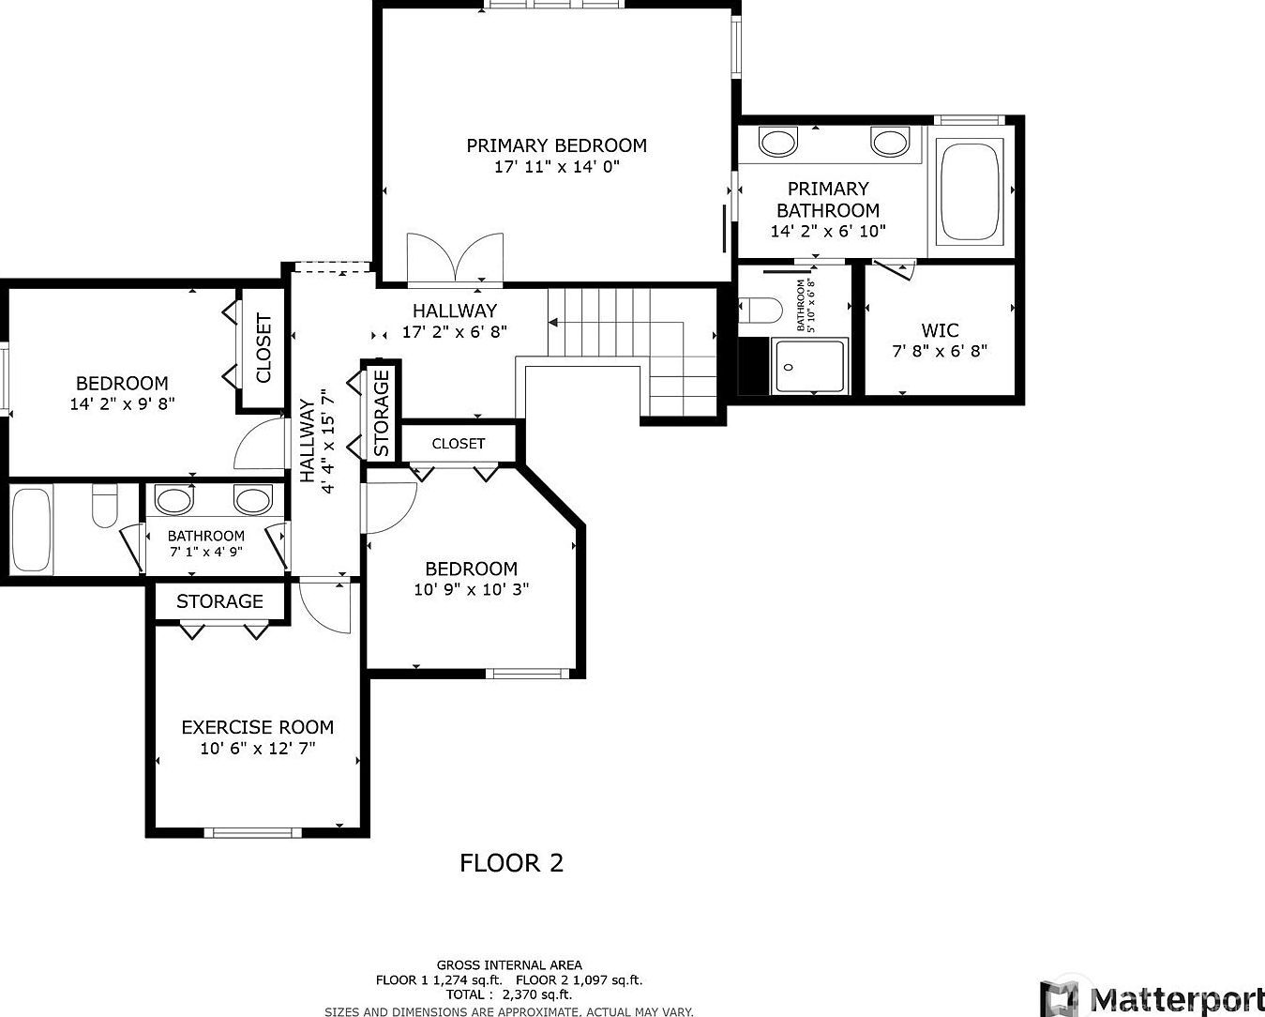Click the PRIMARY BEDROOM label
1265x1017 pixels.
[556, 145]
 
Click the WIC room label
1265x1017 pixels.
[940, 330]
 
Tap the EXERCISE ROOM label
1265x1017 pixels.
[257, 727]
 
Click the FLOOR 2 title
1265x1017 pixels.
[511, 863]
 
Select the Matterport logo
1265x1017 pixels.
[1152, 996]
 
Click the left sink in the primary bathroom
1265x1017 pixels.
[777, 143]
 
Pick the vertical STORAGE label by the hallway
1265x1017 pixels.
[382, 414]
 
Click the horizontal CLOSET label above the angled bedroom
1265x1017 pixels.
[459, 444]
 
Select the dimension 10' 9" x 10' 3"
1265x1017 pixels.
[471, 590]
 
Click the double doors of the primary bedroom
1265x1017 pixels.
[456, 258]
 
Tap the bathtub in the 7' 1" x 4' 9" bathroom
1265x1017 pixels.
[32, 530]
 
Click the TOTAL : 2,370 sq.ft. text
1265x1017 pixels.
[509, 994]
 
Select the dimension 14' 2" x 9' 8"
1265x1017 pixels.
[122, 404]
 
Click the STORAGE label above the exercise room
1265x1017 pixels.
[219, 601]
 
